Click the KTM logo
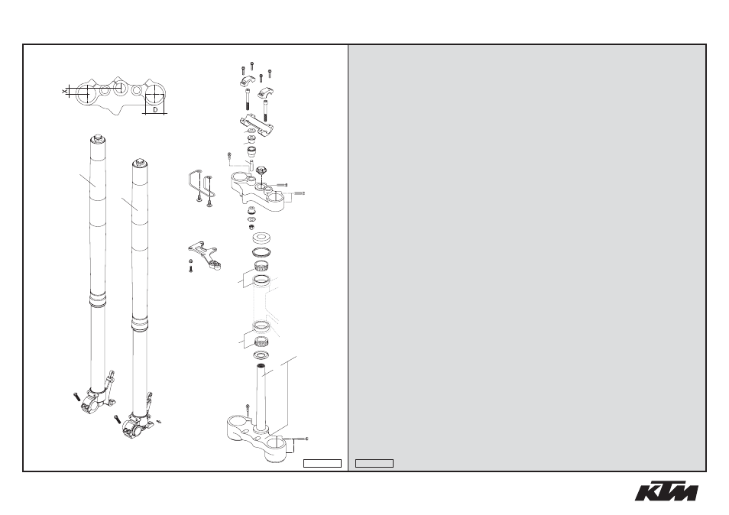coord(666,492)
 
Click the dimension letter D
coord(156,110)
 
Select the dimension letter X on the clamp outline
coord(65,92)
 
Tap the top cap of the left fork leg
coord(98,138)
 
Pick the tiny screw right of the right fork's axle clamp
coord(159,422)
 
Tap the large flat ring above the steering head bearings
coord(262,238)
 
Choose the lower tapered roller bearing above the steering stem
coord(262,343)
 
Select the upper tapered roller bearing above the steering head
coord(262,267)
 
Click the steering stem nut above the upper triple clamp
coord(260,172)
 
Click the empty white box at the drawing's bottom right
coord(322,463)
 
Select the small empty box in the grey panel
coord(374,463)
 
